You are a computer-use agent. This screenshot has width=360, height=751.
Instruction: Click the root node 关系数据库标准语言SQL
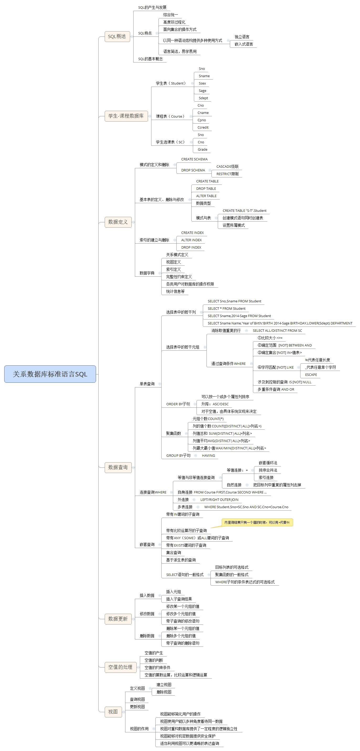(50, 374)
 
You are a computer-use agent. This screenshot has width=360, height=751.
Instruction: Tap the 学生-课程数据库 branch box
(126, 116)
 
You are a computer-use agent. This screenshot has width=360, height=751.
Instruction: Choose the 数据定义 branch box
(118, 222)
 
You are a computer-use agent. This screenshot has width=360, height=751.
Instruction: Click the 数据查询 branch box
(118, 467)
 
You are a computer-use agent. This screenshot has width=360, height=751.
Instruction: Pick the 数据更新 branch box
(118, 619)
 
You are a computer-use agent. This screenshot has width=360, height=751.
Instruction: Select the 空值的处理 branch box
(120, 667)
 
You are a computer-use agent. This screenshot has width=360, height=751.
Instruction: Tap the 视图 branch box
(113, 712)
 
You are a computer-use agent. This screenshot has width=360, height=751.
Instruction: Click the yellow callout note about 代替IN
(257, 522)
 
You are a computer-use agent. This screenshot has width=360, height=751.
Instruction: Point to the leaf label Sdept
(203, 98)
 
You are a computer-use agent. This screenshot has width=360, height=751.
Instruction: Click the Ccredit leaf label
(203, 127)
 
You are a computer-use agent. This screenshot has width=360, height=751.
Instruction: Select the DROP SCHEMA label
(193, 170)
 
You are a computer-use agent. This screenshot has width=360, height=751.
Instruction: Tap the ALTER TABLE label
(206, 196)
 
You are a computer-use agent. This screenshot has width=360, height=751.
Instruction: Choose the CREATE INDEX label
(192, 233)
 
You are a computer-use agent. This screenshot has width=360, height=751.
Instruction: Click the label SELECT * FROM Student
(226, 308)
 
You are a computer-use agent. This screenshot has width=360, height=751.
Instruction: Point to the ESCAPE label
(311, 375)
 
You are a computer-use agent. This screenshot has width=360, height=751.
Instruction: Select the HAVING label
(208, 455)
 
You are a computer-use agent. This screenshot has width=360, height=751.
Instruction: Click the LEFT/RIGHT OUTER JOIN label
(219, 500)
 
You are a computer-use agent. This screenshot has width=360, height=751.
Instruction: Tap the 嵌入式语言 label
(244, 44)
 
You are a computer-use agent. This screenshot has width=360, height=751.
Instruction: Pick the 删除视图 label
(164, 692)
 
